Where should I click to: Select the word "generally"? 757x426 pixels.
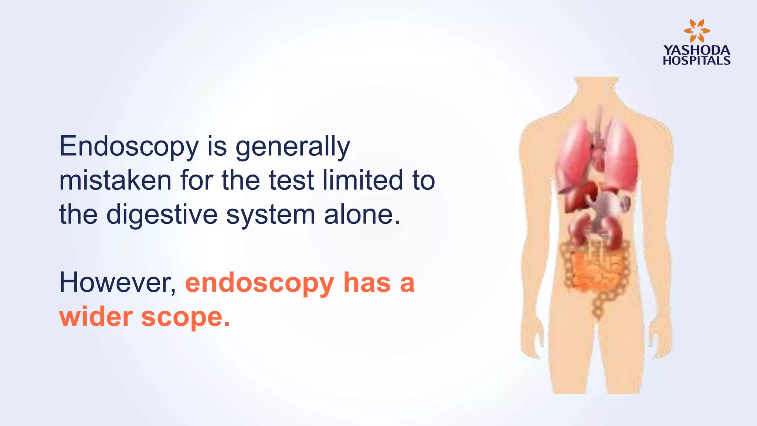click(293, 147)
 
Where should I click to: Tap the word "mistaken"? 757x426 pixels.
click(115, 180)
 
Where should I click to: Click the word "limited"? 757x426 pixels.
click(363, 180)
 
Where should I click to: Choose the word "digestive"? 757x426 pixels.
click(162, 214)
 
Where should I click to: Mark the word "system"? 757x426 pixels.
click(271, 214)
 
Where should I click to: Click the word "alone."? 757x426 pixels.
click(362, 214)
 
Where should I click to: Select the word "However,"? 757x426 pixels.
click(118, 283)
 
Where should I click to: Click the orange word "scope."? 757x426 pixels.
click(186, 318)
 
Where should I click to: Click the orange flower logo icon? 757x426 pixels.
click(696, 31)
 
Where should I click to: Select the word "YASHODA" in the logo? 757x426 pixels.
click(696, 50)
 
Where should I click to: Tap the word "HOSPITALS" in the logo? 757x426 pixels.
click(696, 61)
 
